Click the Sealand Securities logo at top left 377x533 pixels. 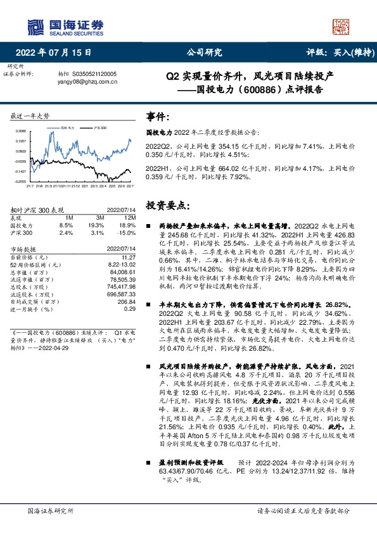(x=65, y=25)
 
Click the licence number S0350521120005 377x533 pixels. (x=95, y=74)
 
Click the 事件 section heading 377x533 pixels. (x=158, y=117)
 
